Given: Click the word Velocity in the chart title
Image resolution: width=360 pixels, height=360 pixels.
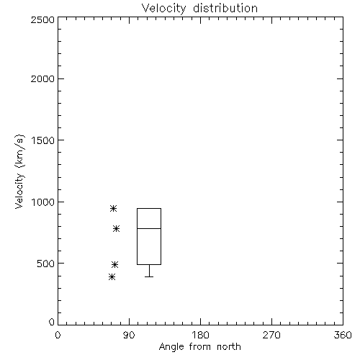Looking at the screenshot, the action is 164,9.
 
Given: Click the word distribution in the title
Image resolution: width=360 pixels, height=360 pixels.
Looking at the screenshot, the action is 225,8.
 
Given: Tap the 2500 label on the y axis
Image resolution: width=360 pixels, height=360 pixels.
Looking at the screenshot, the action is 42,19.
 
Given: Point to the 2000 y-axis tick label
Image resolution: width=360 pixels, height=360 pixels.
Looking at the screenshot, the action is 42,78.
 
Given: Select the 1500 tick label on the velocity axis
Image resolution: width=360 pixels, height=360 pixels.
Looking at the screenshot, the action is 43,140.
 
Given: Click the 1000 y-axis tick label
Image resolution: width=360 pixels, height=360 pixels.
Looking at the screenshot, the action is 43,202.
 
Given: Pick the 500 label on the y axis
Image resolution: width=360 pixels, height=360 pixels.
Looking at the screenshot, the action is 46,264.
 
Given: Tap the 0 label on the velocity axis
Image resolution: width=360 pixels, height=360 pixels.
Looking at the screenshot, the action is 52,322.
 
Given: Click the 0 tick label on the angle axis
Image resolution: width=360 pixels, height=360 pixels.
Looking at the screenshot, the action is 58,335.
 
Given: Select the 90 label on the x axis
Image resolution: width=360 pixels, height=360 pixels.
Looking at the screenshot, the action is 129,335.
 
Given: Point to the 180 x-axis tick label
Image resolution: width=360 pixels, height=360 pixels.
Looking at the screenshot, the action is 200,335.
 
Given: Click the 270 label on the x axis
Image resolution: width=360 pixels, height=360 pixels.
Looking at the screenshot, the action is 271,335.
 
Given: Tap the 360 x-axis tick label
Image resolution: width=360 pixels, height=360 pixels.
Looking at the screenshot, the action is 343,335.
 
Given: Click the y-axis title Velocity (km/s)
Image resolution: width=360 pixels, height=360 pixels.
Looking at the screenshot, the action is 19,171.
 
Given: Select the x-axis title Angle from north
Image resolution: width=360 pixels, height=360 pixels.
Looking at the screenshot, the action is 199,347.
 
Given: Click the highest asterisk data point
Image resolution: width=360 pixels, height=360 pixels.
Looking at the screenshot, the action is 113,208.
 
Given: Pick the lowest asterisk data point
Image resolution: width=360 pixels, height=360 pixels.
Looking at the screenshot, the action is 112,277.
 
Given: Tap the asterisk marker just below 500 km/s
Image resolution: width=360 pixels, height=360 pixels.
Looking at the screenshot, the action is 114,264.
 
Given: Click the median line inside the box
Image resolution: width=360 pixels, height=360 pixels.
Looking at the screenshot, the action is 149,228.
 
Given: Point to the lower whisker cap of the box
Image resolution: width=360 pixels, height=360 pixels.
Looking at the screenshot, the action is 149,276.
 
